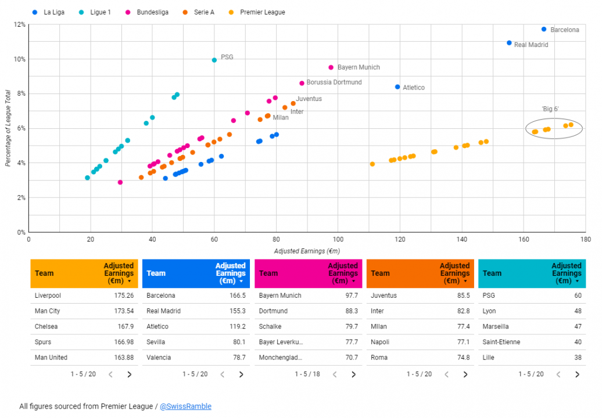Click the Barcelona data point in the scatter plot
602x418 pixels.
coord(544,29)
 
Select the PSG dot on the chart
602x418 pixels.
coord(214,60)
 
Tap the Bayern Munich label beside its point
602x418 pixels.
coord(359,67)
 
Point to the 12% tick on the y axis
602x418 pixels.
coord(19,24)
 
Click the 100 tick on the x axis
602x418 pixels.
coord(338,239)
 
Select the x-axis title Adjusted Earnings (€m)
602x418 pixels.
coord(307,251)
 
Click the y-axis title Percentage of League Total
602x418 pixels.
coord(8,128)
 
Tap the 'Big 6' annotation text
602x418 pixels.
coord(550,109)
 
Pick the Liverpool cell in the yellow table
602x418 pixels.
coord(48,296)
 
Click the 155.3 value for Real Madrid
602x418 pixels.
coord(235,311)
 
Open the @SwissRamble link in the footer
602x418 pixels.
coord(185,406)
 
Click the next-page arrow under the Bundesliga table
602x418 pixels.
coord(353,374)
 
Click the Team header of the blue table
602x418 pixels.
coord(156,273)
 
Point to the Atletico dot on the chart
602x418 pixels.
coord(397,87)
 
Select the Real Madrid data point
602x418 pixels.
coord(509,43)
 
